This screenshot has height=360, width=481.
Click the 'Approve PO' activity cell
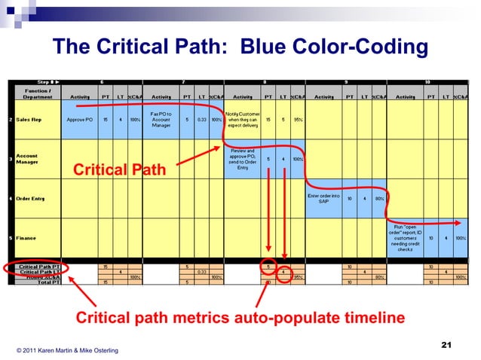79,120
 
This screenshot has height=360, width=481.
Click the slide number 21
445,345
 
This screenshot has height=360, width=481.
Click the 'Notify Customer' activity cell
243,120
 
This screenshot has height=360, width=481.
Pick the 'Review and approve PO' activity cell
243,158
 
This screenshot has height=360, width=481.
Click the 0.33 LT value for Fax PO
201,120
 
